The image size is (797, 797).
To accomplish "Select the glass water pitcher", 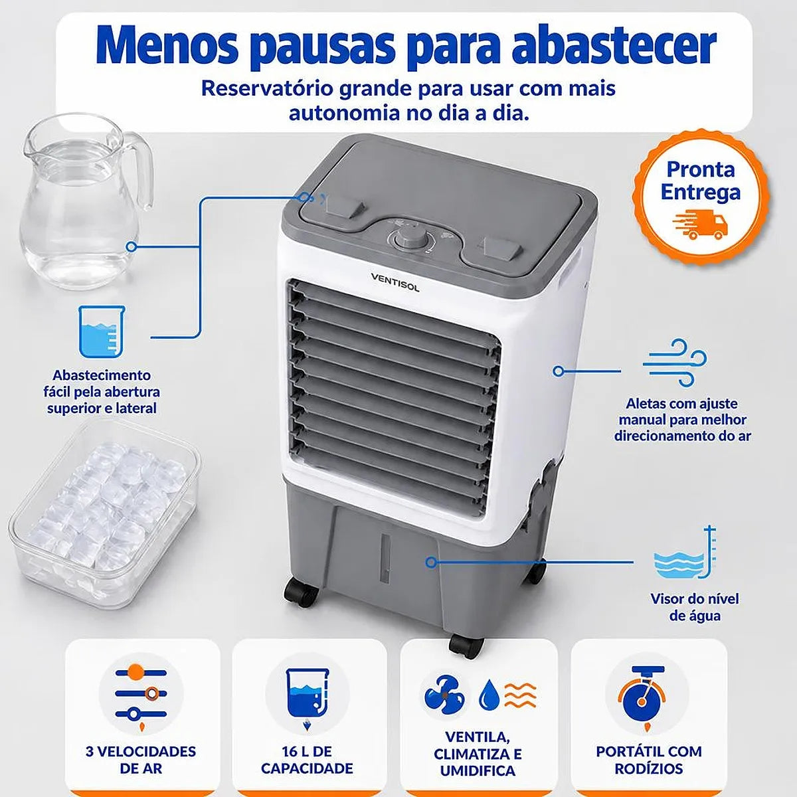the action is tap(85, 201).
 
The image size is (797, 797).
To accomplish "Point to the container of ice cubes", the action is tap(104, 514).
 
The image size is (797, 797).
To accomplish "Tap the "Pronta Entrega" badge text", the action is tap(700, 181).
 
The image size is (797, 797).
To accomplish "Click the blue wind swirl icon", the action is tap(675, 363).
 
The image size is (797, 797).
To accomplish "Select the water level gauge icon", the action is tap(685, 554).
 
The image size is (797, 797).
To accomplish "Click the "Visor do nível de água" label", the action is tap(695, 608).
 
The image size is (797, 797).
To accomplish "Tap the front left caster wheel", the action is tap(301, 592).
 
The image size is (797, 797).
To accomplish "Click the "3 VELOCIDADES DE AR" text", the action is tap(141, 760).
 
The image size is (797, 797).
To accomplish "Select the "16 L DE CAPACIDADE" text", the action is tap(307, 760).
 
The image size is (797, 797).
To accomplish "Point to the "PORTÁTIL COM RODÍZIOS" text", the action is tap(648, 760).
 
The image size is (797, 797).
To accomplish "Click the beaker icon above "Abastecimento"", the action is tap(102, 331).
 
